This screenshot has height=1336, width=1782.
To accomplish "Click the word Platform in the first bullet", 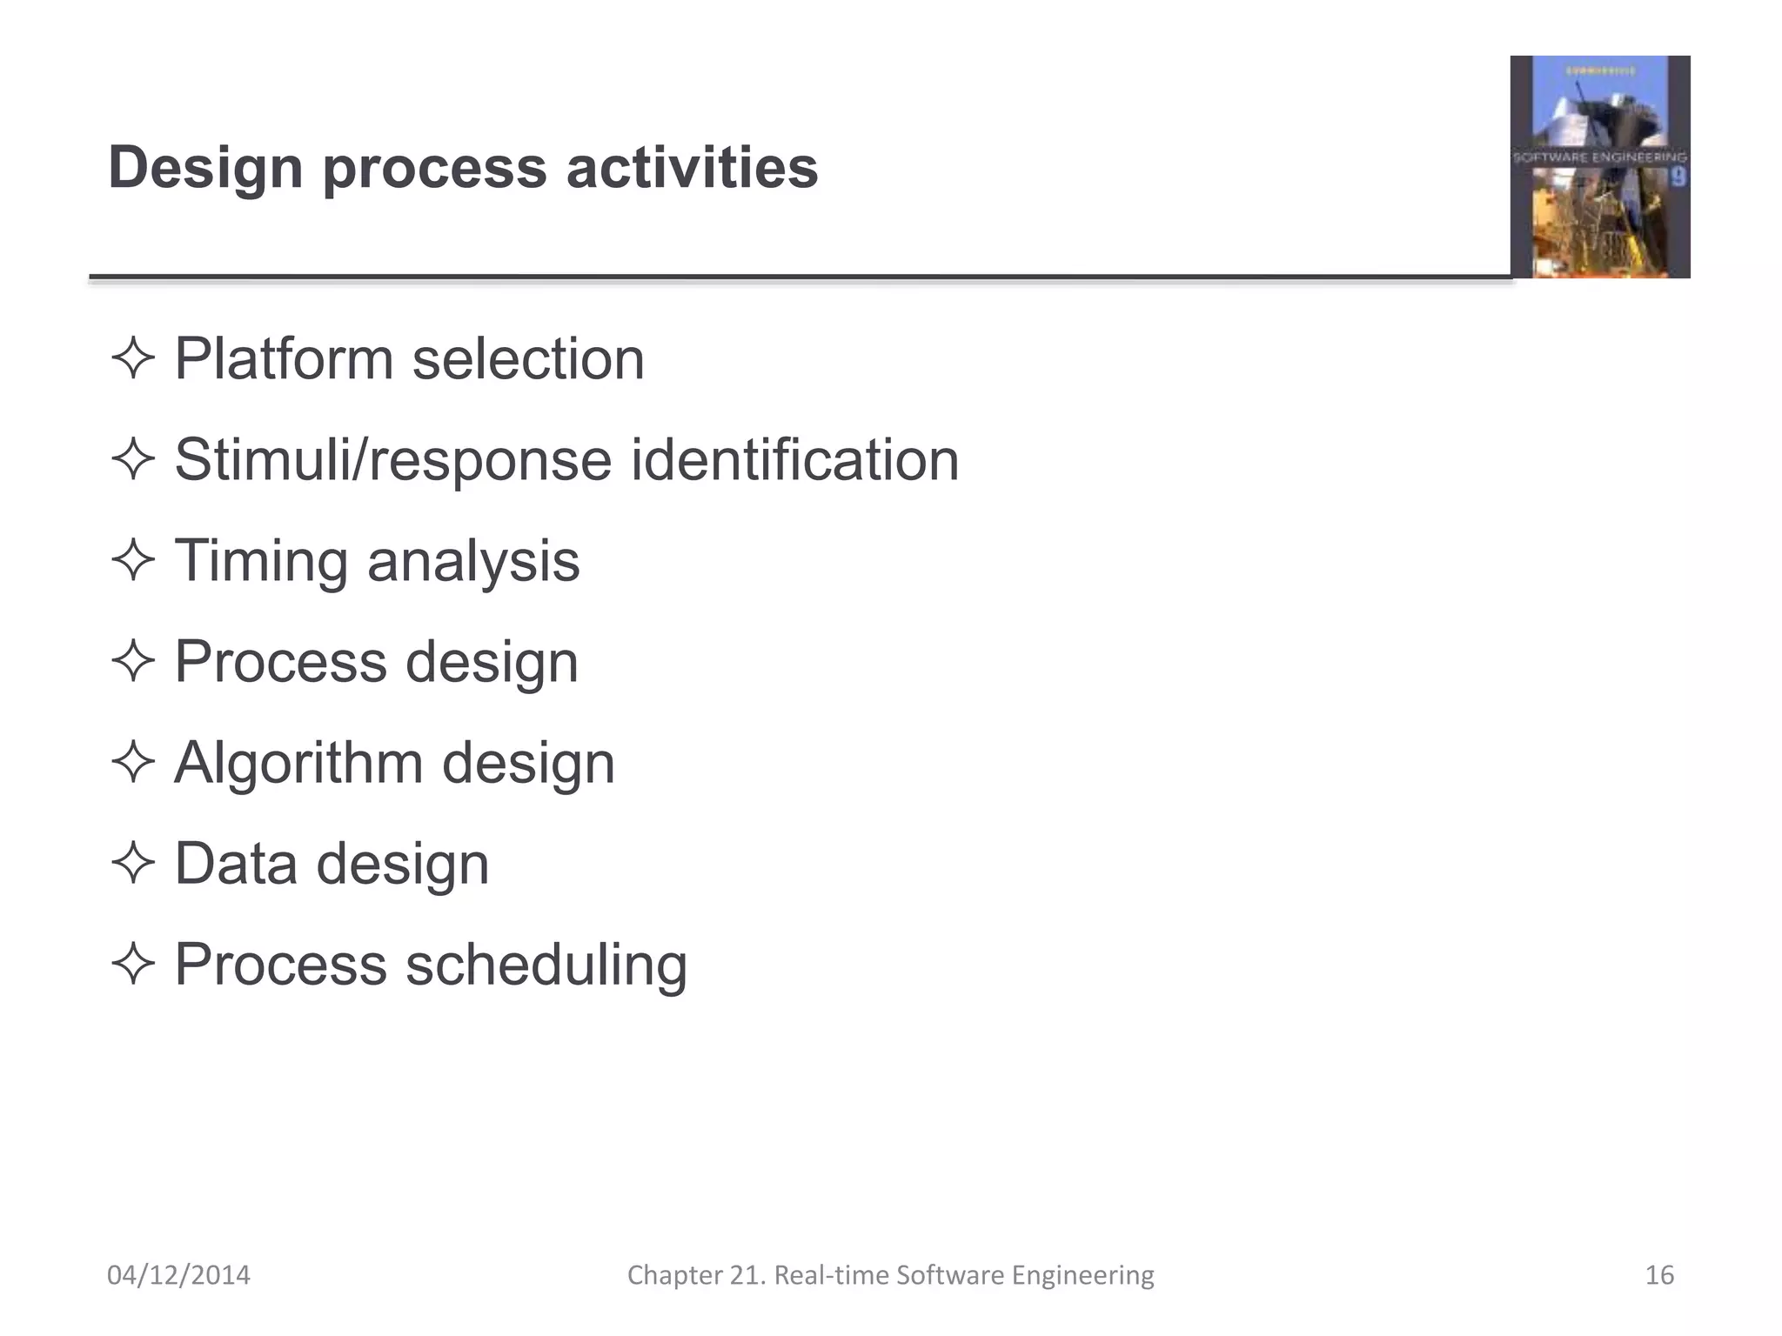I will (284, 359).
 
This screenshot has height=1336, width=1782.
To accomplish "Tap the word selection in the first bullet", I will (528, 359).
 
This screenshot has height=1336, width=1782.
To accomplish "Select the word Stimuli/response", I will (392, 460).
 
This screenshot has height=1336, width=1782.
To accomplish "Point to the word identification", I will (794, 460).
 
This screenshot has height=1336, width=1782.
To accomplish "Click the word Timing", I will (261, 562).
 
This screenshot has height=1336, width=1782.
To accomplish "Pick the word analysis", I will (473, 562).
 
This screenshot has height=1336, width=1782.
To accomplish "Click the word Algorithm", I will (298, 764).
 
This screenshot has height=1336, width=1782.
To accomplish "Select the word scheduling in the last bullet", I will (546, 965).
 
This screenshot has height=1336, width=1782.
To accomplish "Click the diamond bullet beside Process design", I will (133, 662).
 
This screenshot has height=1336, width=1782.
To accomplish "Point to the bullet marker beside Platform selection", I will (133, 358).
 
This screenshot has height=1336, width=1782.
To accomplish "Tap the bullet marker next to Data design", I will (133, 864).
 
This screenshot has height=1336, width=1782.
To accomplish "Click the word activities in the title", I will (692, 167).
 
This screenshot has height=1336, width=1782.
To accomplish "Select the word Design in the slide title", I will (205, 169).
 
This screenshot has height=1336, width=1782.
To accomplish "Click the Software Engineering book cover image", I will (1599, 167).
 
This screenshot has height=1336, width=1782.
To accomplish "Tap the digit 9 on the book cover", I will (1678, 177).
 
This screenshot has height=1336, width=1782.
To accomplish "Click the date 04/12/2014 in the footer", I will (178, 1275).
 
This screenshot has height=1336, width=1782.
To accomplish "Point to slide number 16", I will (1659, 1275).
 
